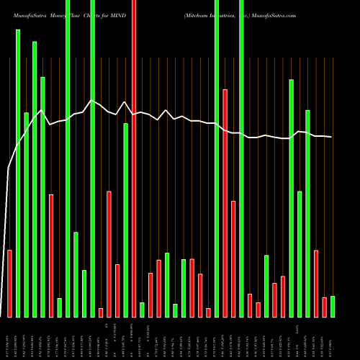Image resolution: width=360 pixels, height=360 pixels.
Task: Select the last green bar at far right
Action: (333, 306)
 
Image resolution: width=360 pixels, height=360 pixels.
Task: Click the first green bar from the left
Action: (18, 173)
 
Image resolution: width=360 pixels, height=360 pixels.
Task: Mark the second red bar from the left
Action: (51, 256)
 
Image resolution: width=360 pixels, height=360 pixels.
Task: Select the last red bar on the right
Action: (325, 307)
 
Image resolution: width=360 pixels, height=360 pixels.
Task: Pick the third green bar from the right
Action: (300, 253)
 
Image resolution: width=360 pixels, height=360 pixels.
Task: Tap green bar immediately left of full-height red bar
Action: (125, 220)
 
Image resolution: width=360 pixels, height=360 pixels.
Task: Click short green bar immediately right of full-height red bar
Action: (142, 310)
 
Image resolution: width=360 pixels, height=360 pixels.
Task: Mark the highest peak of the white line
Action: (91, 100)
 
